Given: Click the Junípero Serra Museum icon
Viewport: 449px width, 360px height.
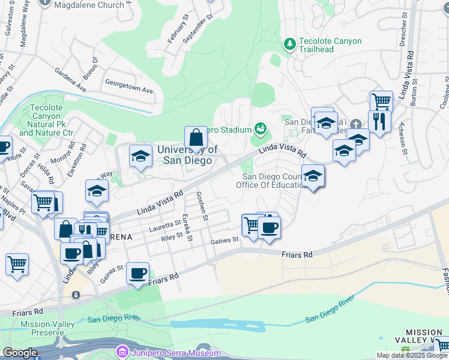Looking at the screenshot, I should pos(123,350).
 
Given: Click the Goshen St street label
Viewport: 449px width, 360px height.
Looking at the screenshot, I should pos(201,206).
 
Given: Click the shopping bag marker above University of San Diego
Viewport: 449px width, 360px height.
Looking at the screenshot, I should pos(196,137).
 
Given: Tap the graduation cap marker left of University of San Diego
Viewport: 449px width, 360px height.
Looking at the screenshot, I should pos(140,157).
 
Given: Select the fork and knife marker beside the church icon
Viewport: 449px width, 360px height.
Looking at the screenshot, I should pos(379,122).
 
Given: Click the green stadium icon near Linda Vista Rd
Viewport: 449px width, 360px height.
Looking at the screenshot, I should pos(261,128).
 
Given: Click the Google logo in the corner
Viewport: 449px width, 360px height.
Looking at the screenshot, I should pos(19,353).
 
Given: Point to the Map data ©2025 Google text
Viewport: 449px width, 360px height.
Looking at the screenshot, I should pos(412,355).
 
